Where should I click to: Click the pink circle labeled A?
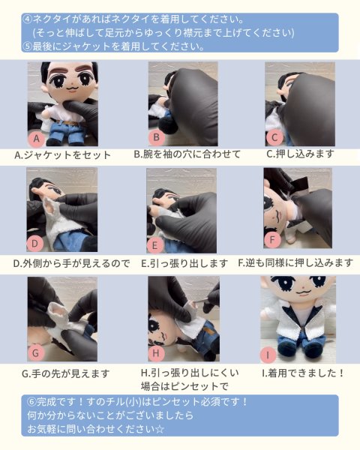point(37,139)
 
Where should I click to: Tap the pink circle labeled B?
point(157,137)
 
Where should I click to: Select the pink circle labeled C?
point(274,138)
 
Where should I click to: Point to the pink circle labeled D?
point(35,244)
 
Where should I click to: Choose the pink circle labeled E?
point(154,245)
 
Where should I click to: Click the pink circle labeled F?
point(272,240)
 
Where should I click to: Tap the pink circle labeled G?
point(36,352)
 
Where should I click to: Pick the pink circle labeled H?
point(156,353)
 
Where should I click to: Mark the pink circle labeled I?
point(268,355)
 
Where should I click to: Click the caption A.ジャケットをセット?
point(62,155)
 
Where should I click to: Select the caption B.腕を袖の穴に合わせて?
point(187,154)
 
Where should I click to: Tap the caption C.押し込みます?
point(300,154)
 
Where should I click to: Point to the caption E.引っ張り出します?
point(184,263)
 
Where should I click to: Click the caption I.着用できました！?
point(303,373)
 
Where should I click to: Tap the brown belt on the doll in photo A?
point(68,123)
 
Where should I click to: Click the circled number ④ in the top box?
point(27,19)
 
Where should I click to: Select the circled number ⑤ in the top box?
point(27,46)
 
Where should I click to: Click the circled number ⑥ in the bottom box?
point(31,402)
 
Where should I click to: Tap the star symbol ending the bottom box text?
point(160,429)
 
